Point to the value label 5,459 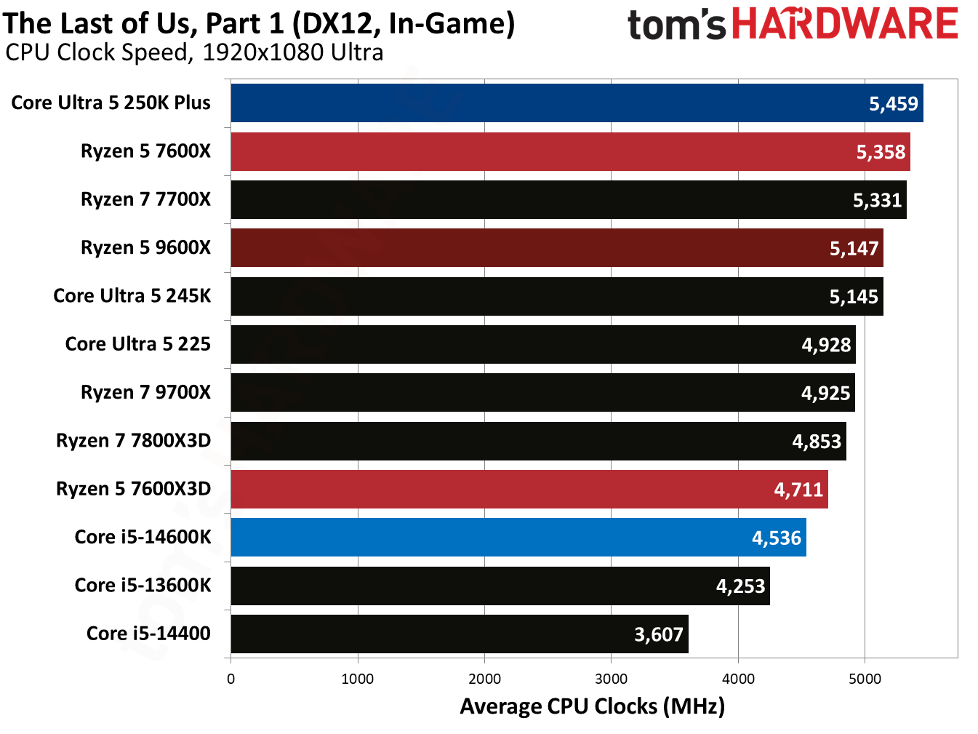click(894, 104)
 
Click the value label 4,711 click(798, 490)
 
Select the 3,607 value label click(659, 634)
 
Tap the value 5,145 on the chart click(854, 297)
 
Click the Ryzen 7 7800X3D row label click(133, 441)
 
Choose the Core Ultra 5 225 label click(137, 344)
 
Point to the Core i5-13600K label click(143, 586)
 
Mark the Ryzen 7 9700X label click(145, 393)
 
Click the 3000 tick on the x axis click(611, 679)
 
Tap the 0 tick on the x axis click(231, 679)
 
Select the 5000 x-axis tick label click(865, 679)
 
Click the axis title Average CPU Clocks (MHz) click(592, 706)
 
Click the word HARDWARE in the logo click(844, 24)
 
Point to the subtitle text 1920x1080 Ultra click(293, 52)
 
